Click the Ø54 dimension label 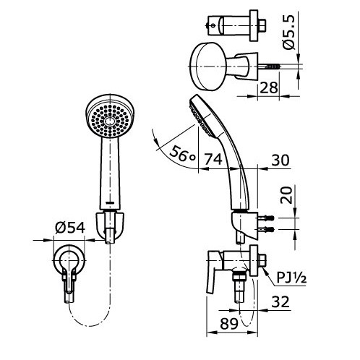click(70, 228)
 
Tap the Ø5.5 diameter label click(288, 32)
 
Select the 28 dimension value click(269, 87)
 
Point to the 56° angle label click(182, 154)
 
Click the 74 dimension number click(213, 159)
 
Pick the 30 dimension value click(280, 160)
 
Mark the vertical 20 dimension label click(286, 195)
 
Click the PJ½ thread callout click(291, 277)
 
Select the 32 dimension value click(280, 301)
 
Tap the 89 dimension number click(229, 324)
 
